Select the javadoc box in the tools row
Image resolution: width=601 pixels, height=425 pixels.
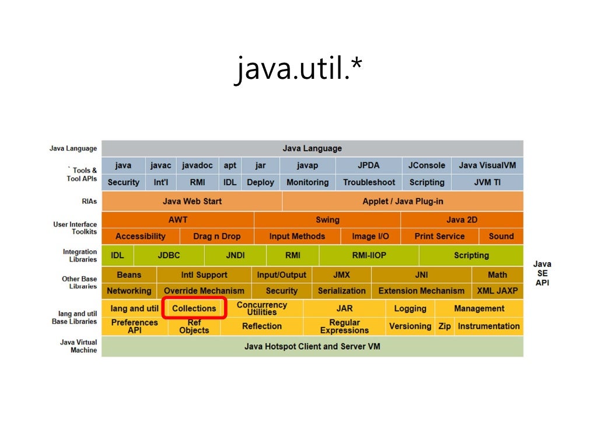tap(197, 165)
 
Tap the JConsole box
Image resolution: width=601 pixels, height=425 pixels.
tap(427, 165)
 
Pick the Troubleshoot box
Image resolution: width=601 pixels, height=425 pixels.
tap(369, 182)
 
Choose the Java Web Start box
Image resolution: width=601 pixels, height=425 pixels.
tap(192, 201)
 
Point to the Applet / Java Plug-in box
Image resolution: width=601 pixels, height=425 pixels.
tap(403, 201)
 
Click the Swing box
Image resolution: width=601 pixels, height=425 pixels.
tap(327, 220)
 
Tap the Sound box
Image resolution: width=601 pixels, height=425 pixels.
tap(501, 236)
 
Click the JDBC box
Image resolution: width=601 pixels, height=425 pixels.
tap(169, 255)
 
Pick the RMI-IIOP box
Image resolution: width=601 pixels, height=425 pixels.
tap(369, 255)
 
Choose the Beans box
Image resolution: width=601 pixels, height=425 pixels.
tap(129, 275)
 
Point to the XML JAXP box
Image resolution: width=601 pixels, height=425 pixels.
tap(497, 291)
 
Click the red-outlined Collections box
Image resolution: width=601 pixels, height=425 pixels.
tap(194, 308)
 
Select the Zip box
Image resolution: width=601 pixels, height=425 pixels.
tap(445, 326)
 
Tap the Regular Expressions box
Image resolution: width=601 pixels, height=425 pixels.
tap(344, 326)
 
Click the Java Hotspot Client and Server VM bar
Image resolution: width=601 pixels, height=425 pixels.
tap(312, 346)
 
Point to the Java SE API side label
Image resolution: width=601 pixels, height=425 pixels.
tap(542, 274)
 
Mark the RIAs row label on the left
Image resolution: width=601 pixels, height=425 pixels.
tap(89, 201)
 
